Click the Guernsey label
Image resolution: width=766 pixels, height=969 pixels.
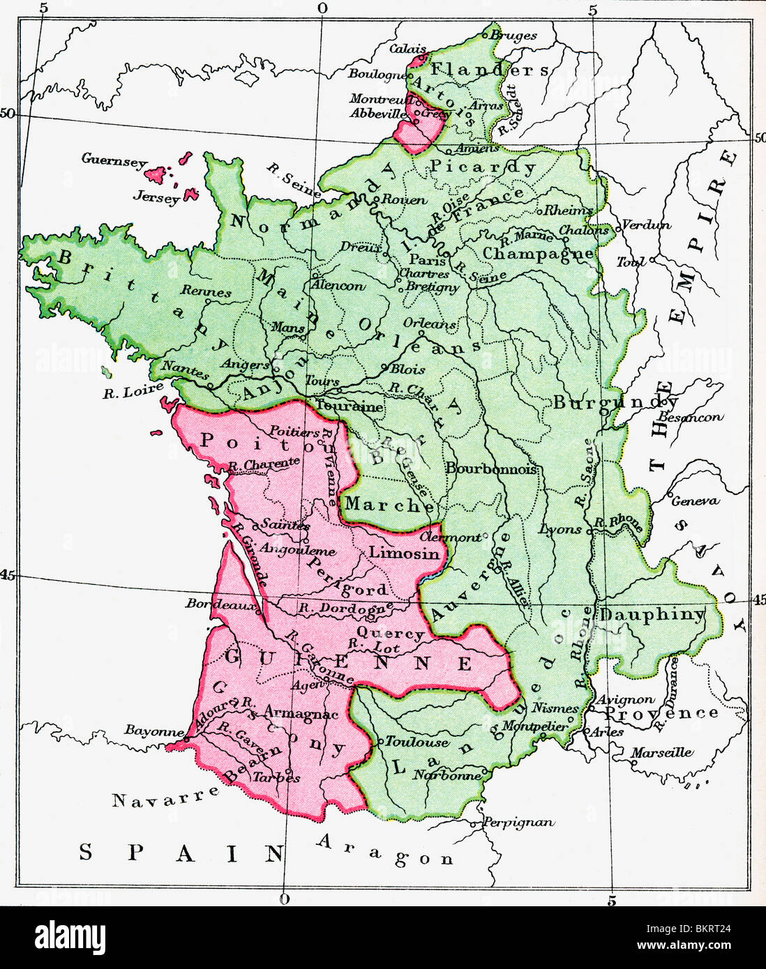coord(114,160)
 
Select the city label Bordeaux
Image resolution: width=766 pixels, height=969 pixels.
coord(218,604)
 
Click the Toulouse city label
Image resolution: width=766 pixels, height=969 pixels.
coord(417,742)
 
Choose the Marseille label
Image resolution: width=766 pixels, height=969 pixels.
coord(662,752)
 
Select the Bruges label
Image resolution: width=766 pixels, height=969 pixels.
coord(513,35)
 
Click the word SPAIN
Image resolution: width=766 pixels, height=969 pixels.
coord(180,852)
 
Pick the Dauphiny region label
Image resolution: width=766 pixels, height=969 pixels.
coord(653,615)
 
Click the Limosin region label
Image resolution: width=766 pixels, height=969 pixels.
coord(404,553)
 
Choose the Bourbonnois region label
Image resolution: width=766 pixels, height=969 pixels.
coord(491,469)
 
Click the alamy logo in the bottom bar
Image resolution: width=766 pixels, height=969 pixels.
coord(63,935)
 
